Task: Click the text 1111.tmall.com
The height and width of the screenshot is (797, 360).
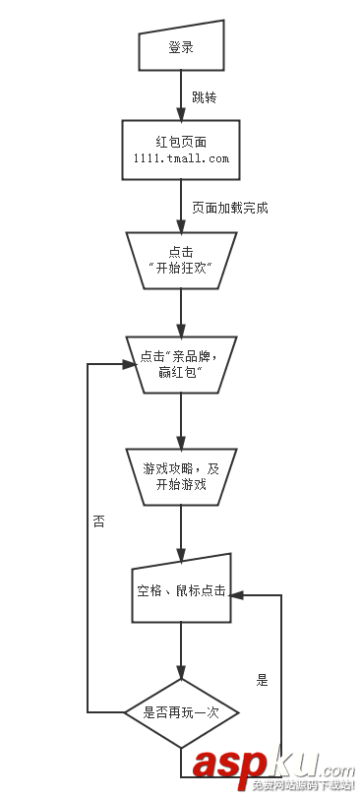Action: click(x=180, y=157)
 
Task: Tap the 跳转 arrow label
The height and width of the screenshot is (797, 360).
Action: click(x=205, y=99)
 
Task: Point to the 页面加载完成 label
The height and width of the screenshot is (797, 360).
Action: click(x=229, y=208)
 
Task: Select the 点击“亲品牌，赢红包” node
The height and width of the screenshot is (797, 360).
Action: click(x=180, y=363)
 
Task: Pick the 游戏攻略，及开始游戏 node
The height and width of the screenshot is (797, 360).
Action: click(x=180, y=476)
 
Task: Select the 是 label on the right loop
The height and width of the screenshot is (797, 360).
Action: click(x=262, y=679)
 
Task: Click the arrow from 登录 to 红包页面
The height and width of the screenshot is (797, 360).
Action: click(x=181, y=95)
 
